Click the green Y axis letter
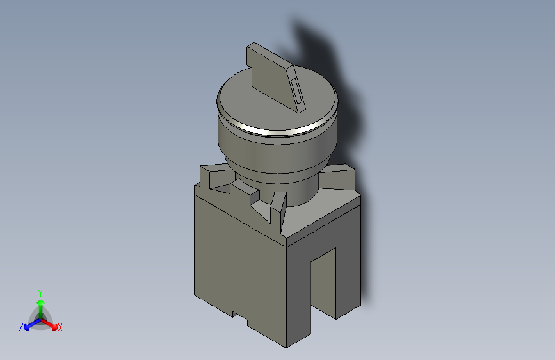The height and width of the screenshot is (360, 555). tap(40, 293)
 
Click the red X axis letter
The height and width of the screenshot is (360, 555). tap(60, 327)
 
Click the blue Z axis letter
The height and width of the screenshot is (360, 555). tap(21, 327)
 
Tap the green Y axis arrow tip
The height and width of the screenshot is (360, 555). tap(41, 302)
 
